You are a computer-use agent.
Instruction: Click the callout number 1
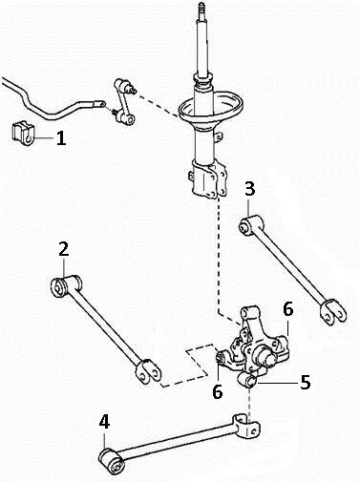pyautogui.click(x=61, y=138)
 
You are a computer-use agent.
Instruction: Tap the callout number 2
pyautogui.click(x=64, y=249)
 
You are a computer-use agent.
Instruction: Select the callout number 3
pyautogui.click(x=250, y=189)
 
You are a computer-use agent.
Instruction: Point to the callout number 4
pyautogui.click(x=104, y=422)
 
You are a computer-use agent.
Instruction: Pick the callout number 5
pyautogui.click(x=305, y=383)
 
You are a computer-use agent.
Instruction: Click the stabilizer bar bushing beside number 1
pyautogui.click(x=23, y=134)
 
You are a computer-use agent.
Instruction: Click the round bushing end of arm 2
pyautogui.click(x=58, y=287)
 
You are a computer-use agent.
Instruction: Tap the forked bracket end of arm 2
pyautogui.click(x=148, y=372)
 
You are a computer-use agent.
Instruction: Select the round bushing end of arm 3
pyautogui.click(x=245, y=227)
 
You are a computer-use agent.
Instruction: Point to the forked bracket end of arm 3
pyautogui.click(x=332, y=312)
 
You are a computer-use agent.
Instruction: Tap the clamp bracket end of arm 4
pyautogui.click(x=247, y=426)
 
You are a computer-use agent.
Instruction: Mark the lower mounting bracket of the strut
pyautogui.click(x=208, y=180)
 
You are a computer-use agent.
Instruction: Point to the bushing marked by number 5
pyautogui.click(x=247, y=381)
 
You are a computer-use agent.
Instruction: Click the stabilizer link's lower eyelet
pyautogui.click(x=129, y=119)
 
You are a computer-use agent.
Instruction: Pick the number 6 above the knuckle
pyautogui.click(x=287, y=309)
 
